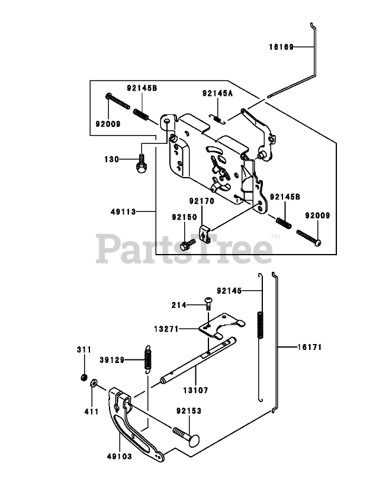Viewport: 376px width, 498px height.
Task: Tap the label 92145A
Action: point(217,93)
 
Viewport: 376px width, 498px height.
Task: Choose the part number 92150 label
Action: point(184,217)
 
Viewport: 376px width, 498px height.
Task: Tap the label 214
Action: point(179,305)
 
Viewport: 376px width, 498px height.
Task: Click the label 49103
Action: point(120,457)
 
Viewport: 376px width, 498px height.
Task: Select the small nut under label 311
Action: point(85,378)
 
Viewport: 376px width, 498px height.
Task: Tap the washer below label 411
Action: point(94,385)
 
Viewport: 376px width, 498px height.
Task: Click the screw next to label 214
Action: point(208,303)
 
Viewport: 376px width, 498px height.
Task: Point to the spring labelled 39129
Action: point(148,359)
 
